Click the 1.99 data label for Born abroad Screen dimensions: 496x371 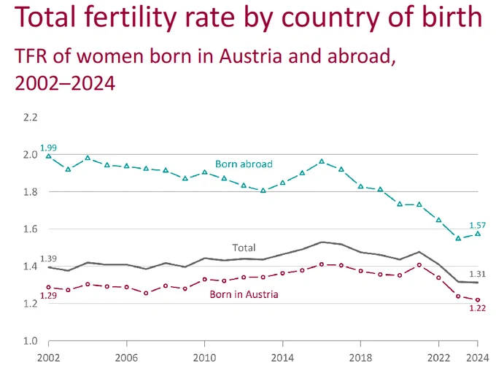48,148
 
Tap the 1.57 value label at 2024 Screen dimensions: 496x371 477,225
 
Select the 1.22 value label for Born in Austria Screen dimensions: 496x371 477,308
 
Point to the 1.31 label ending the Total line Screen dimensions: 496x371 477,274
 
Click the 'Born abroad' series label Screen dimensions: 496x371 244,164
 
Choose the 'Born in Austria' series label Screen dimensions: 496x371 244,294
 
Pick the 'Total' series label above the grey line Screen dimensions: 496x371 244,248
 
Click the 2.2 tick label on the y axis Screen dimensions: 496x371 31,118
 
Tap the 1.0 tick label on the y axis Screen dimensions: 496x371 31,341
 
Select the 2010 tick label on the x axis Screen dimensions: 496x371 204,358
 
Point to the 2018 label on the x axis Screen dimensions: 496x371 360,358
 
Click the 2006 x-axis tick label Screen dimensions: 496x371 126,358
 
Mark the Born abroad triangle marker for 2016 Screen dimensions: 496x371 322,161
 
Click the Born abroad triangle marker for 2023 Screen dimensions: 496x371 458,238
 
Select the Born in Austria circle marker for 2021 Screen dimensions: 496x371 419,265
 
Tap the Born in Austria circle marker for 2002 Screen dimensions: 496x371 48,287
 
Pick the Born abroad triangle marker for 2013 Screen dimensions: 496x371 263,191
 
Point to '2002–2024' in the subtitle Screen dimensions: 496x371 65,84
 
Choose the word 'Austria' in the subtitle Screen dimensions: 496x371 250,56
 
